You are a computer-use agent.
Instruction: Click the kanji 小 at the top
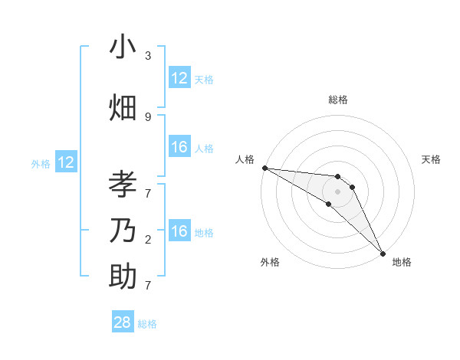pyautogui.click(x=123, y=47)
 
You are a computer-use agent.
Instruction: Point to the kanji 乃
pyautogui.click(x=123, y=231)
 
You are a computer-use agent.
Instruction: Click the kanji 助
pyautogui.click(x=123, y=276)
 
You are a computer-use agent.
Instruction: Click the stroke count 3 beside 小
pyautogui.click(x=148, y=56)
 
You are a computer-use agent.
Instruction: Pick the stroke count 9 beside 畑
pyautogui.click(x=148, y=116)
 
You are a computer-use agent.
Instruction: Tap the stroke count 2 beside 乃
pyautogui.click(x=148, y=240)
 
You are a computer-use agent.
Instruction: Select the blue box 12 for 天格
pyautogui.click(x=179, y=78)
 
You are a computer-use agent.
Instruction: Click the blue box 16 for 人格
pyautogui.click(x=179, y=148)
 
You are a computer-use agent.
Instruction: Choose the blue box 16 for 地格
pyautogui.click(x=179, y=232)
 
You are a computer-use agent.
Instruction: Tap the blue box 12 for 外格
pyautogui.click(x=66, y=162)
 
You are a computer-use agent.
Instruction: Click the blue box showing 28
pyautogui.click(x=123, y=322)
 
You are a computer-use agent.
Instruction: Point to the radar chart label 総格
pyautogui.click(x=338, y=100)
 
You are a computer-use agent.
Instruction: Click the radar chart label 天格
pyautogui.click(x=431, y=159)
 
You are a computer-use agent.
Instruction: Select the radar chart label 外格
pyautogui.click(x=270, y=262)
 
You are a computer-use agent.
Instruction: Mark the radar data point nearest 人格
pyautogui.click(x=264, y=168)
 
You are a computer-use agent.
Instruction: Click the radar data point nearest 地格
pyautogui.click(x=382, y=252)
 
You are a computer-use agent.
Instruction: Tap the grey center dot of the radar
pyautogui.click(x=338, y=191)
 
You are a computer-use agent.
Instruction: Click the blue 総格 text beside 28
pyautogui.click(x=147, y=324)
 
